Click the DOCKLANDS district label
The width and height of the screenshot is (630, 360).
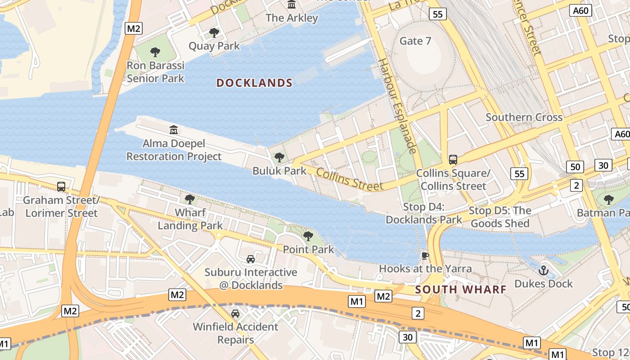pyautogui.click(x=254, y=83)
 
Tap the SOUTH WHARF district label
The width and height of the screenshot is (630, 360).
pyautogui.click(x=461, y=289)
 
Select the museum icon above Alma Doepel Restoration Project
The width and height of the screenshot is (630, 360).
pyautogui.click(x=174, y=130)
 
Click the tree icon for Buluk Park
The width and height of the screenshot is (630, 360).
pyautogui.click(x=279, y=157)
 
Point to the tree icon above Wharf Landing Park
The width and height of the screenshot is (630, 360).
pyautogui.click(x=190, y=199)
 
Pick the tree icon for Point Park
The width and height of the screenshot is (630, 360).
pyautogui.click(x=308, y=236)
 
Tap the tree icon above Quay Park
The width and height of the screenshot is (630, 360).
pyautogui.click(x=214, y=32)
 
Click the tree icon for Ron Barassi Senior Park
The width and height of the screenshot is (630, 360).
pyautogui.click(x=155, y=52)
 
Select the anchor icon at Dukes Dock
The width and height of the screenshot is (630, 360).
pyautogui.click(x=543, y=270)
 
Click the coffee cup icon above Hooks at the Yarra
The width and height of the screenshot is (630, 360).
pyautogui.click(x=425, y=256)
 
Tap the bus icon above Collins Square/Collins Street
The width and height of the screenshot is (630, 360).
pyautogui.click(x=453, y=160)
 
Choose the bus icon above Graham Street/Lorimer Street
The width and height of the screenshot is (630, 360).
pyautogui.click(x=61, y=186)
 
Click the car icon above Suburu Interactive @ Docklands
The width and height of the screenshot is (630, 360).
pyautogui.click(x=251, y=259)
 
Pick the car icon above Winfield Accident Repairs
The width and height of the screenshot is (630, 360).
pyautogui.click(x=235, y=313)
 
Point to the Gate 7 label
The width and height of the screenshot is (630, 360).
pyautogui.click(x=415, y=41)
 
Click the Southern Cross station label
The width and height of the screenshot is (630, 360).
pyautogui.click(x=524, y=117)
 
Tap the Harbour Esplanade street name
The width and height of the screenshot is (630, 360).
pyautogui.click(x=397, y=105)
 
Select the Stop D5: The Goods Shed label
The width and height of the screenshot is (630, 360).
pyautogui.click(x=500, y=217)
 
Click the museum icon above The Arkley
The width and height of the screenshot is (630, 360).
pyautogui.click(x=292, y=4)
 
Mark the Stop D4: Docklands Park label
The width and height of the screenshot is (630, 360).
pyautogui.click(x=423, y=213)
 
